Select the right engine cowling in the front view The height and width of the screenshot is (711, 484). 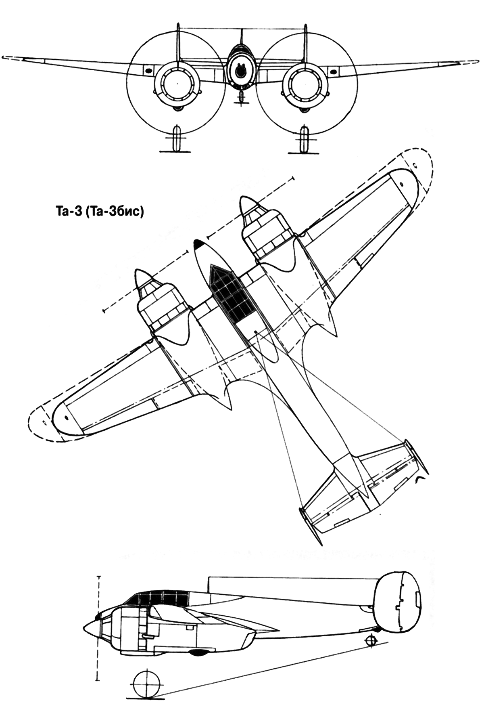coord(305,84)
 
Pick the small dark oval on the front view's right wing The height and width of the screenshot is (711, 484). coord(333,71)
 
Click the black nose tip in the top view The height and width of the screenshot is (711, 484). coord(198,243)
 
